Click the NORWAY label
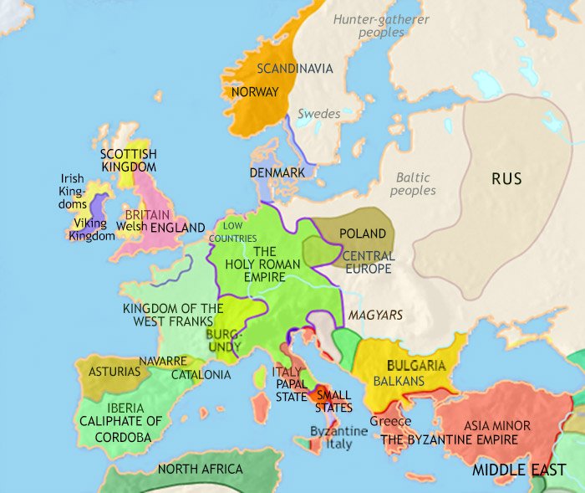point(255,92)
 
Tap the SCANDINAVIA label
point(295,69)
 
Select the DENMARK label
point(276,172)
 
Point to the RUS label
point(506,178)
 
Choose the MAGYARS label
point(376,315)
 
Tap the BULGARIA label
point(415,366)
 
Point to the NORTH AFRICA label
point(201,469)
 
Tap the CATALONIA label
point(201,374)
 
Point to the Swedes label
point(318,114)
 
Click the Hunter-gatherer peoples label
point(369,25)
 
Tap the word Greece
point(390,421)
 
